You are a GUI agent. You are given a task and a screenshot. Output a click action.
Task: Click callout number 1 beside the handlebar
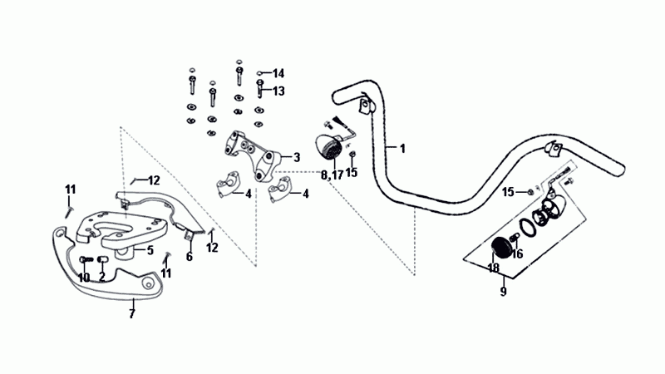(402, 149)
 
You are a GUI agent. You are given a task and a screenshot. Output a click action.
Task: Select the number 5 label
(150, 249)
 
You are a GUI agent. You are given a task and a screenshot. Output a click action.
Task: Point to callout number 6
(189, 258)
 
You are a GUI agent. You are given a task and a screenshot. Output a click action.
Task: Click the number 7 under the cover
(131, 313)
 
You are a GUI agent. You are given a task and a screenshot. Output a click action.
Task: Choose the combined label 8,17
(332, 175)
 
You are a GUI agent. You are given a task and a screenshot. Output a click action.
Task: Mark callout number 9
(502, 292)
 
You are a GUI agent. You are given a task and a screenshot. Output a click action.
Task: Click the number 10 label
(84, 278)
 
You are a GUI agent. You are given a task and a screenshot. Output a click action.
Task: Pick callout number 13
(278, 91)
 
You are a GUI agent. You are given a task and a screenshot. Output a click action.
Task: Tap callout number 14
(278, 73)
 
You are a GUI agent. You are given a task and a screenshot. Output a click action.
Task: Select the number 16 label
(518, 254)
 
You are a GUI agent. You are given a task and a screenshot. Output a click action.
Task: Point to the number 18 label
(494, 268)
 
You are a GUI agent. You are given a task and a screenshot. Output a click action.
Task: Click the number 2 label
(101, 278)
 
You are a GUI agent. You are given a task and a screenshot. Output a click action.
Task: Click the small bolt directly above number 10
(84, 263)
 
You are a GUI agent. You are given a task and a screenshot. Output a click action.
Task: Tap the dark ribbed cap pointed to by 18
(501, 248)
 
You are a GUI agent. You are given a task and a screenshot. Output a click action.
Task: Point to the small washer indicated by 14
(260, 73)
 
